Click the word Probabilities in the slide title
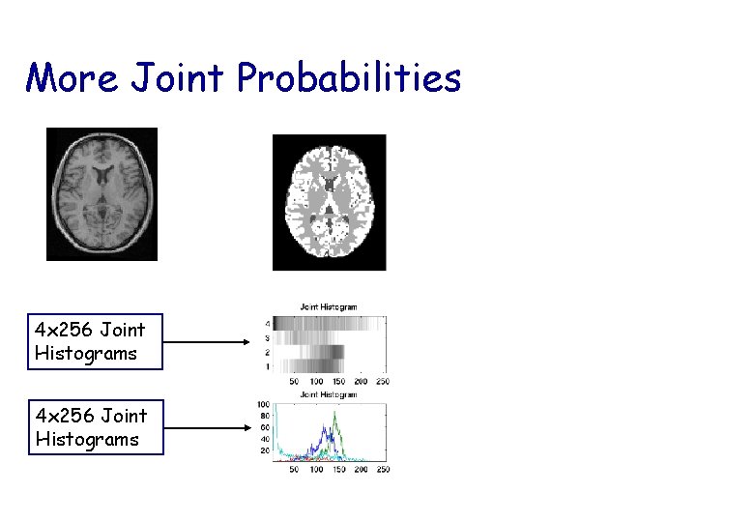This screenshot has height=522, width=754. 349,78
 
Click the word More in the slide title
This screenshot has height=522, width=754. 72,77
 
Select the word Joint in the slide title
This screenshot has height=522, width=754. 177,78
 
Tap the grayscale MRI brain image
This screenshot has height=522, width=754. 101,194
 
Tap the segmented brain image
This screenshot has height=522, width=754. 329,202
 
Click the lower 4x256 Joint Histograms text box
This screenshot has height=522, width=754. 95,427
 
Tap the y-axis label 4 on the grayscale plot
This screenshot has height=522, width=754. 267,323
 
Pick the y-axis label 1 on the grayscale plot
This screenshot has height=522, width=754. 267,367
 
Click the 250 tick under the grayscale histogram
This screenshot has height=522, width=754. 381,382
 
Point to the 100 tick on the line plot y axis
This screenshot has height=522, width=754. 263,403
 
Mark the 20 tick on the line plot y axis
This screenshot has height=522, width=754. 264,450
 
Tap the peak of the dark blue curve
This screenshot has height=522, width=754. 328,428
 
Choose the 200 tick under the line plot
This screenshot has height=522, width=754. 360,469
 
